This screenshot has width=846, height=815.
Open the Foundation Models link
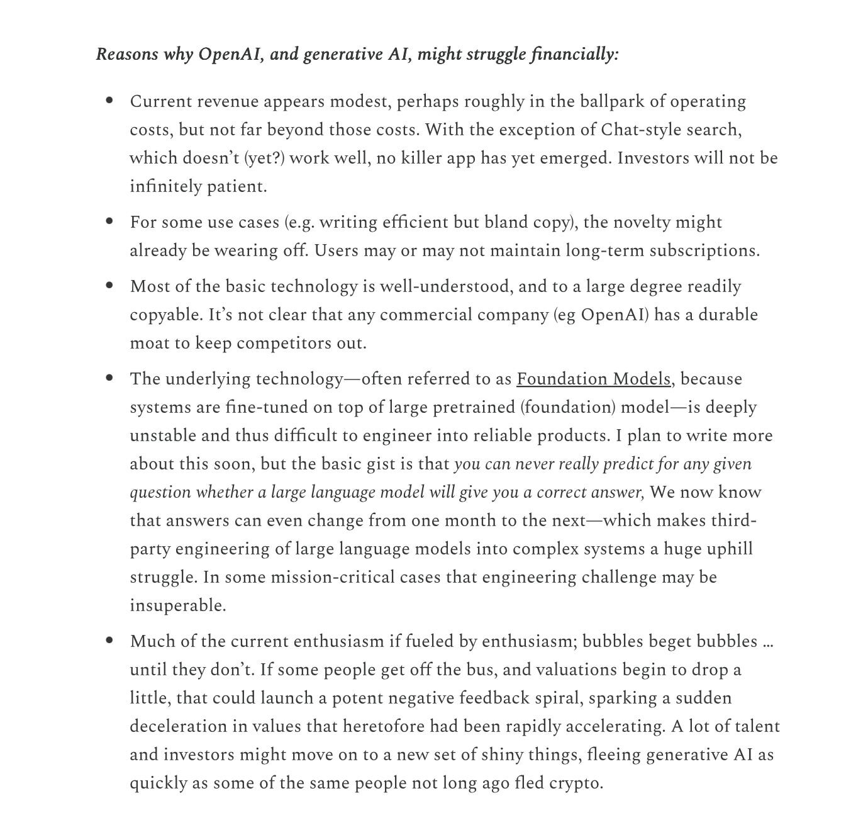[x=593, y=379]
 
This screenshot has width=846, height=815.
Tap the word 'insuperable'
[x=177, y=605]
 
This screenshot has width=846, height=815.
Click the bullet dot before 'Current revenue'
[x=110, y=101]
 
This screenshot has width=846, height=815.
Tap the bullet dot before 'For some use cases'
[x=110, y=222]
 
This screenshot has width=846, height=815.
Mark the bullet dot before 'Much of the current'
[x=110, y=641]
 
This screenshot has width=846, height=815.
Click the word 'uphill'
[x=729, y=549]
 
